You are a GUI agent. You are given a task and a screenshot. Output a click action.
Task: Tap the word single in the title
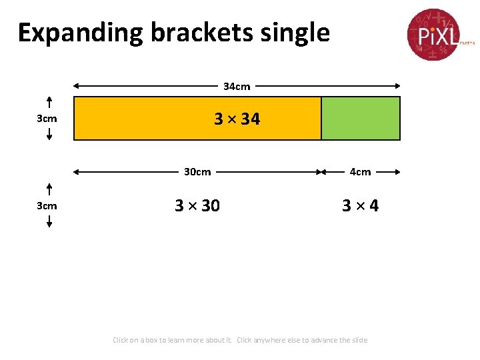(297, 33)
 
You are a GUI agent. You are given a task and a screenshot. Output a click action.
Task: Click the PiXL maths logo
(433, 34)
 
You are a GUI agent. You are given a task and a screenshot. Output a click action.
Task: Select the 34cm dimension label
(237, 86)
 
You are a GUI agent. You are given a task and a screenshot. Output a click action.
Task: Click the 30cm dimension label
(197, 172)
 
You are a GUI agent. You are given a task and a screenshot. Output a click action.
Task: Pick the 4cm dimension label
(360, 172)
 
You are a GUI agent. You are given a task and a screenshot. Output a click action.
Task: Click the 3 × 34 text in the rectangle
(237, 119)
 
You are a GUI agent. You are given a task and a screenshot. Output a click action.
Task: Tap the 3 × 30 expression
(197, 206)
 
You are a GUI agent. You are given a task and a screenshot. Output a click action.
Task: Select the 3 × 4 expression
(360, 206)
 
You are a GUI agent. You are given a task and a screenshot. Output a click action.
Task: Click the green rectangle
(361, 119)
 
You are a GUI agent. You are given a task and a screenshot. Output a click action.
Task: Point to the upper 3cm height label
(47, 119)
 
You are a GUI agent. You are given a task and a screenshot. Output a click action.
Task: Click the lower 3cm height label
(47, 206)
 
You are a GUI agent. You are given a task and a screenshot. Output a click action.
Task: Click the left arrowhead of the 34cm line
(76, 86)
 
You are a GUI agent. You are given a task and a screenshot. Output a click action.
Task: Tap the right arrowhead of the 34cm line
(397, 86)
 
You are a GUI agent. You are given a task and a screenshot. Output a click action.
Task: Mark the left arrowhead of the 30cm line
(76, 172)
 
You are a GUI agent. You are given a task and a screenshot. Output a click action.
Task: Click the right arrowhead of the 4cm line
(397, 172)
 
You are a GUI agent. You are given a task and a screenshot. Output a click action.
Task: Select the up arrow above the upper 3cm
(49, 101)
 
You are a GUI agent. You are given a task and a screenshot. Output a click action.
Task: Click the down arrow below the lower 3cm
(49, 223)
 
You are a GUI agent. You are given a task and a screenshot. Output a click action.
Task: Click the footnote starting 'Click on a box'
(240, 340)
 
